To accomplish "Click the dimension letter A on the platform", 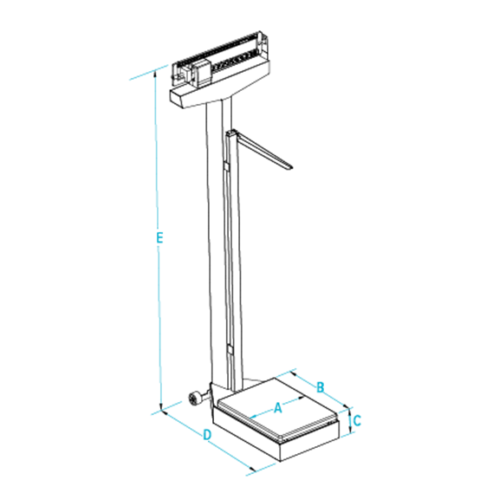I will (x=278, y=407).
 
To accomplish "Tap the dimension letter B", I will (x=320, y=386).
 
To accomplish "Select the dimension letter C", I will (x=357, y=421).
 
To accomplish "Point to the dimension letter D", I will (x=207, y=435).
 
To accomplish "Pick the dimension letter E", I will (x=159, y=237).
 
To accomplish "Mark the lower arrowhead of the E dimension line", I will (x=161, y=407).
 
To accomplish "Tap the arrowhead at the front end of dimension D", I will (x=252, y=470).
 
